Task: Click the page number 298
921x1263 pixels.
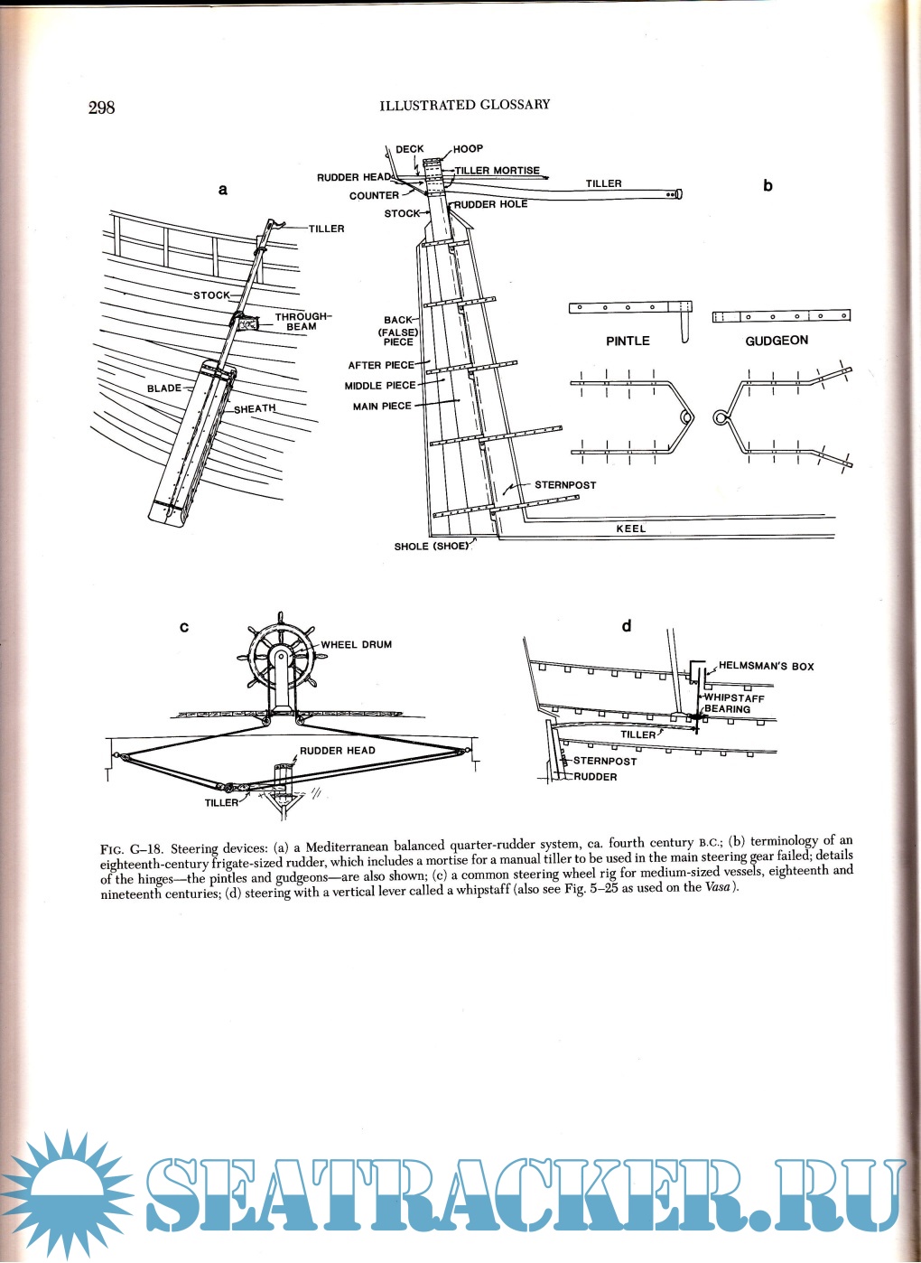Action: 101,108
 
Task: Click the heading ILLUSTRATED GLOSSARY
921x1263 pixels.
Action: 464,105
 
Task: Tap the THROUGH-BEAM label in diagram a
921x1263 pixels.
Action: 302,322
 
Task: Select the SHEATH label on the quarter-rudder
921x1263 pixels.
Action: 255,409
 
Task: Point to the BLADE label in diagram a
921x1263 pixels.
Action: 164,388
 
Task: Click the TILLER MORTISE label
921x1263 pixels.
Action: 497,170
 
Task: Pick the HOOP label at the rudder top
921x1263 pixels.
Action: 468,148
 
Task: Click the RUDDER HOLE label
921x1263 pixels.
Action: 490,204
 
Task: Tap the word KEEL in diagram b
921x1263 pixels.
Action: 631,529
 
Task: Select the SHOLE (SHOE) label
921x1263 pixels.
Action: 432,547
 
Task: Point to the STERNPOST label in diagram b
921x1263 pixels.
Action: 565,485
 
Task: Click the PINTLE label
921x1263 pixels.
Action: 628,341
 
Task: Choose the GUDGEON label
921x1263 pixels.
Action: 777,341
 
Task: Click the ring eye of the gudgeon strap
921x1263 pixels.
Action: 721,417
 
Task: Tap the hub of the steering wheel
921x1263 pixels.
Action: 280,656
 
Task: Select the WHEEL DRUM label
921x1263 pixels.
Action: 357,645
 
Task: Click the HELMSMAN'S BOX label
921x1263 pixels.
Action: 766,666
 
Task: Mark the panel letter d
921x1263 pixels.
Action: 627,626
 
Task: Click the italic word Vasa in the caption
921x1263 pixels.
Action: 718,887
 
